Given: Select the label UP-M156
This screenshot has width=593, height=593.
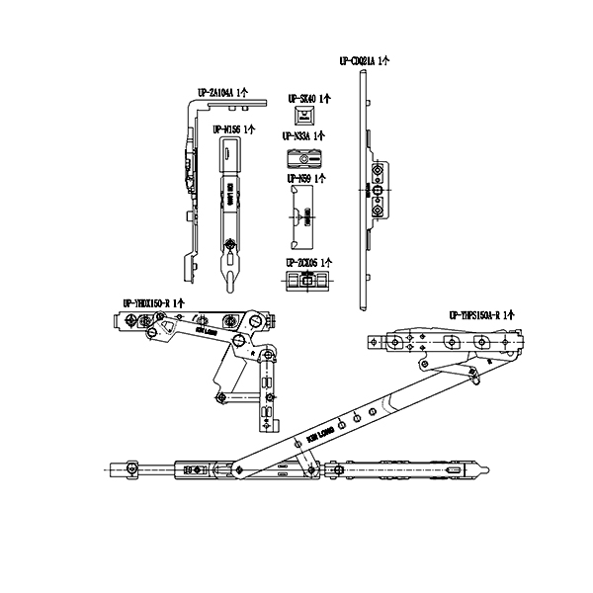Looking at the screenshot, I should coord(231,128).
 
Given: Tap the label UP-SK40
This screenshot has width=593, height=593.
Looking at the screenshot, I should coord(303,99).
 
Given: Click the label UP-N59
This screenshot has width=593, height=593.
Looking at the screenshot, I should coord(300,178).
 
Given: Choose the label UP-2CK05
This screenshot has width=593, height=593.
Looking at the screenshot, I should coord(303,262).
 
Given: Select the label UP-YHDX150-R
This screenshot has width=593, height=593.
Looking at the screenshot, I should coord(153,300).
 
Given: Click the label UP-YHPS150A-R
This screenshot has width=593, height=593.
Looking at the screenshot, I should coord(481,313).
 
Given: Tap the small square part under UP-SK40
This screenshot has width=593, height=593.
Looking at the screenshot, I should coord(303,118).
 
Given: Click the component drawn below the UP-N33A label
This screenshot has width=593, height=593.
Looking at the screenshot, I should coord(303,158).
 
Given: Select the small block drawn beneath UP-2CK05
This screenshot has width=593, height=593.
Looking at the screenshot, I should coord(305,283).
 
